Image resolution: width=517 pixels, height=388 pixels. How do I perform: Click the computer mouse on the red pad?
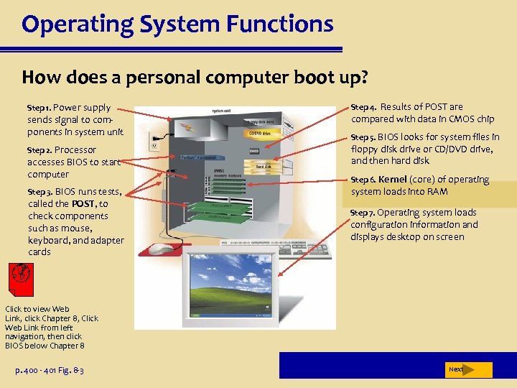pos(162,249)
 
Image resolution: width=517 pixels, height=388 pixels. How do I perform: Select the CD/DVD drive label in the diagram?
pos(259,132)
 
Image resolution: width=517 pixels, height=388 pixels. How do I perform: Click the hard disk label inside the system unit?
pos(263,166)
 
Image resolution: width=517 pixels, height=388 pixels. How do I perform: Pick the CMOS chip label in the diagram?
pos(254,151)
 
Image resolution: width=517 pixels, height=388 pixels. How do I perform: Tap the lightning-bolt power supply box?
pos(192,128)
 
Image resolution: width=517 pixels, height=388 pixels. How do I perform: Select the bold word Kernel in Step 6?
pos(392,180)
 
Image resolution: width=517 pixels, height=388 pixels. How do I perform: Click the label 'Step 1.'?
pos(39,108)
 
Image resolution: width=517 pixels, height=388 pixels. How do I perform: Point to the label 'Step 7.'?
pos(362,213)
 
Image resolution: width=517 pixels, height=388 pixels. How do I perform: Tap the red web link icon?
pos(20,277)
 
